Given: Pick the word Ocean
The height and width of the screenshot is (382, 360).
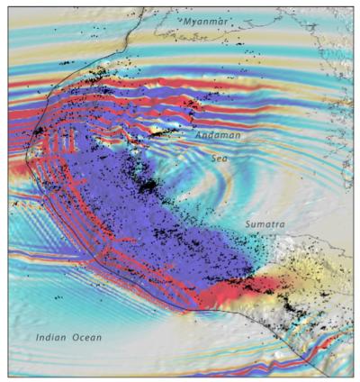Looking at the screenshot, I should tap(86, 337).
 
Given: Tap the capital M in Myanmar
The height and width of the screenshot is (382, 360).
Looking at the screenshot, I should tap(184, 20).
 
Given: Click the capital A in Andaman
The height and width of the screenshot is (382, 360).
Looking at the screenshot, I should tap(200, 135).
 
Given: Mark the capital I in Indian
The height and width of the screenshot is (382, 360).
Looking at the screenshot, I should tap(38, 337).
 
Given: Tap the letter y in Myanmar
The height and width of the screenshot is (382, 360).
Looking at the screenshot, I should tap(192, 21).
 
